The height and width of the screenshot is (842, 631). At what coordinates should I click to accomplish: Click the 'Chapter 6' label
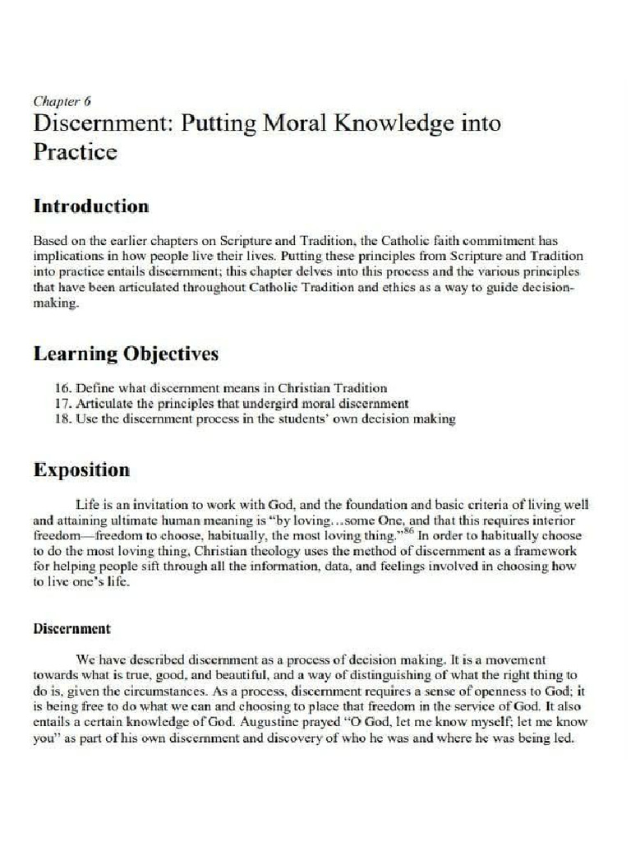pyautogui.click(x=62, y=102)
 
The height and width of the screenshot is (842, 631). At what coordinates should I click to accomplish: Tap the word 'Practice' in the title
pyautogui.click(x=75, y=152)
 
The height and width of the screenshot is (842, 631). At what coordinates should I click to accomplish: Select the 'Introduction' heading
pyautogui.click(x=90, y=206)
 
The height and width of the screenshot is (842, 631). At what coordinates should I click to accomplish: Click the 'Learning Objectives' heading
pyautogui.click(x=126, y=354)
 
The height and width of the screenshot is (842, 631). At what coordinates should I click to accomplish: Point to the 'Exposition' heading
pyautogui.click(x=81, y=470)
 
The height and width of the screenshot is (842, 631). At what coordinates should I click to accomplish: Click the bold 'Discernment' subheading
pyautogui.click(x=71, y=629)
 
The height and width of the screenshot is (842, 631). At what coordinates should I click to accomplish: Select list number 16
pyautogui.click(x=62, y=387)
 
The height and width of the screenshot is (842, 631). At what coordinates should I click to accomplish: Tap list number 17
pyautogui.click(x=62, y=403)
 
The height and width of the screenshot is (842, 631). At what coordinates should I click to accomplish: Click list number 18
pyautogui.click(x=62, y=419)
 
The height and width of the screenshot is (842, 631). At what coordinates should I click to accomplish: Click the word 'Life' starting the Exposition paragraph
pyautogui.click(x=86, y=505)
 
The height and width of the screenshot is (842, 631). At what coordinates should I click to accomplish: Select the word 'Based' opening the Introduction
pyautogui.click(x=49, y=241)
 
